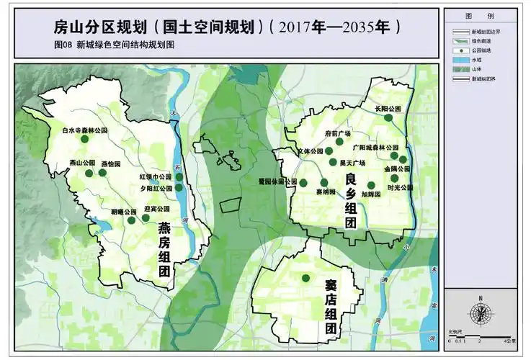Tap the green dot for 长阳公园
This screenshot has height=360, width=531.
[x=388, y=117]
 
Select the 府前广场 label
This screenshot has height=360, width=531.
[x=338, y=133]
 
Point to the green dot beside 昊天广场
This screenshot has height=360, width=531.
[x=333, y=162]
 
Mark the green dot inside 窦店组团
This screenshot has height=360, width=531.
[x=305, y=278]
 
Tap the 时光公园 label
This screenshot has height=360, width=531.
[x=400, y=187]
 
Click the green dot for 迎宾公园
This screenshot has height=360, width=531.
[x=132, y=219]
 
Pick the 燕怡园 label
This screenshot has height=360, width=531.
[x=111, y=163]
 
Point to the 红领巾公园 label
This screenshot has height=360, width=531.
[x=156, y=176]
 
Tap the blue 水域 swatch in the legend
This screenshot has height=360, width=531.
[x=458, y=60]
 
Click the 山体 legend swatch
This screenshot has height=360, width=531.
[x=458, y=71]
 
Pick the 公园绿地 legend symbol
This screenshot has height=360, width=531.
[x=458, y=50]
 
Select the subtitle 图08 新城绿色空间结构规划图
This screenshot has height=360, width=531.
[x=115, y=44]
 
